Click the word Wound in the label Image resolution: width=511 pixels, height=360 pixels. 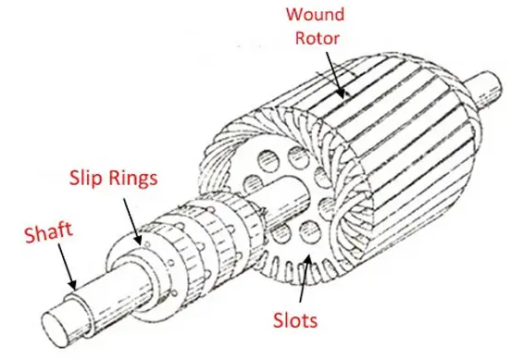[315, 14]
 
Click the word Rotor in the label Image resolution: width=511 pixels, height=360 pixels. [318, 38]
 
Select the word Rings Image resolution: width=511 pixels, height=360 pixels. [133, 180]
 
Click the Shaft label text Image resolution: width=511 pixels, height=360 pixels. [48, 232]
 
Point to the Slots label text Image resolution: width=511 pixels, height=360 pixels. [295, 320]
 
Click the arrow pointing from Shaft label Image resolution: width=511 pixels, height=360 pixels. [68, 267]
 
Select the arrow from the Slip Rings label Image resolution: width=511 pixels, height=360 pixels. [132, 222]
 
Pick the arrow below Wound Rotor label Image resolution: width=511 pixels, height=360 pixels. [335, 76]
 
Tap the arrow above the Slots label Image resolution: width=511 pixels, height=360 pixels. [304, 278]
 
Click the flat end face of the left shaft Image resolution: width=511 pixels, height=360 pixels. [56, 329]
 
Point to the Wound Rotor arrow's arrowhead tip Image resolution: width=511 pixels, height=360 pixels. [343, 98]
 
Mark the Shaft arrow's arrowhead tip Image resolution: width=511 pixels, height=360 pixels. [75, 290]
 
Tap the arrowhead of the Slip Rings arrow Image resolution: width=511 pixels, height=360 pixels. [140, 245]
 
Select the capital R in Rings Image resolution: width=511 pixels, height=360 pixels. [114, 178]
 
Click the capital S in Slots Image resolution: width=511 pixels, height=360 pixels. [279, 320]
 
